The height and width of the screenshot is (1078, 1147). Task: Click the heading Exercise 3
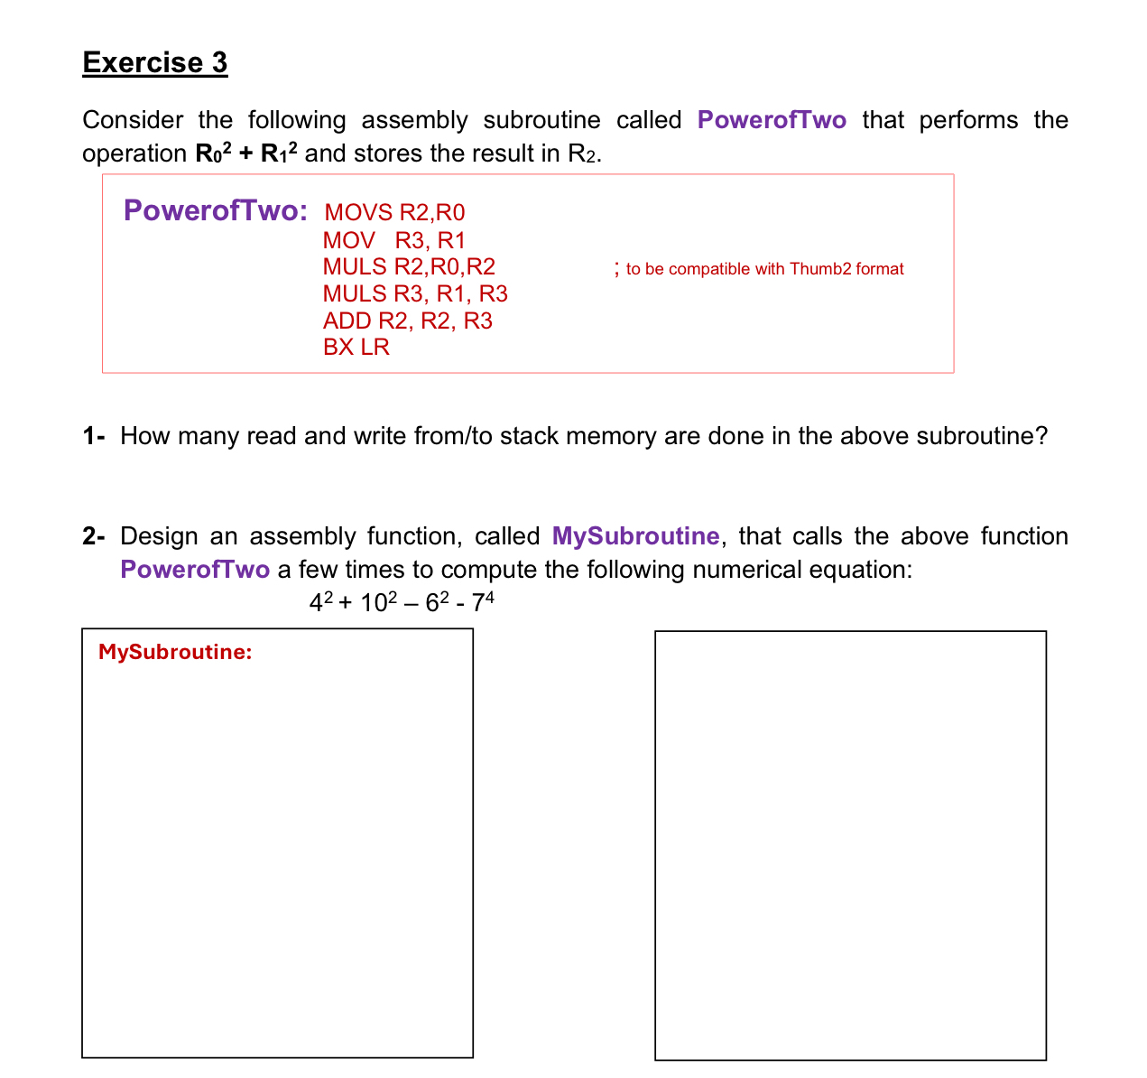pyautogui.click(x=154, y=62)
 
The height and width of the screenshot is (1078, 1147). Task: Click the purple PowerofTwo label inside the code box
pyautogui.click(x=215, y=210)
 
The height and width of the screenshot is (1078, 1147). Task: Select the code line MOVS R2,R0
pyautogui.click(x=394, y=213)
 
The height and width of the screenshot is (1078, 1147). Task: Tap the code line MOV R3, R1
pyautogui.click(x=393, y=240)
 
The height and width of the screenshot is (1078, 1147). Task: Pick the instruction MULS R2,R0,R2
pyautogui.click(x=409, y=266)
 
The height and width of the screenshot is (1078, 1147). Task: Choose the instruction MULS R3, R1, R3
pyautogui.click(x=415, y=293)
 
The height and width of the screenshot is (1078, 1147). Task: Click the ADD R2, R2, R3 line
pyautogui.click(x=407, y=321)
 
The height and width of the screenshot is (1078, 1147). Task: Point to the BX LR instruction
pyautogui.click(x=356, y=347)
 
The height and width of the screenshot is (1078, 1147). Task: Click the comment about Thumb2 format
pyautogui.click(x=763, y=268)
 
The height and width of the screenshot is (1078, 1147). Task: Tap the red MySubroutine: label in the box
pyautogui.click(x=175, y=652)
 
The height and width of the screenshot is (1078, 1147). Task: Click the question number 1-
pyautogui.click(x=94, y=436)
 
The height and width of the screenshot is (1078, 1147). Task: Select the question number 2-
pyautogui.click(x=94, y=536)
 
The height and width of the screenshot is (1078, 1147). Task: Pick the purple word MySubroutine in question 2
pyautogui.click(x=635, y=536)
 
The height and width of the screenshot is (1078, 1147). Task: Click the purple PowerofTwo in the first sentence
pyautogui.click(x=772, y=120)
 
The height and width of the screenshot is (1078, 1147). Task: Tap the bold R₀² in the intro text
pyautogui.click(x=214, y=153)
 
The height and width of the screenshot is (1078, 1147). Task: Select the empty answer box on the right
pyautogui.click(x=850, y=845)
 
